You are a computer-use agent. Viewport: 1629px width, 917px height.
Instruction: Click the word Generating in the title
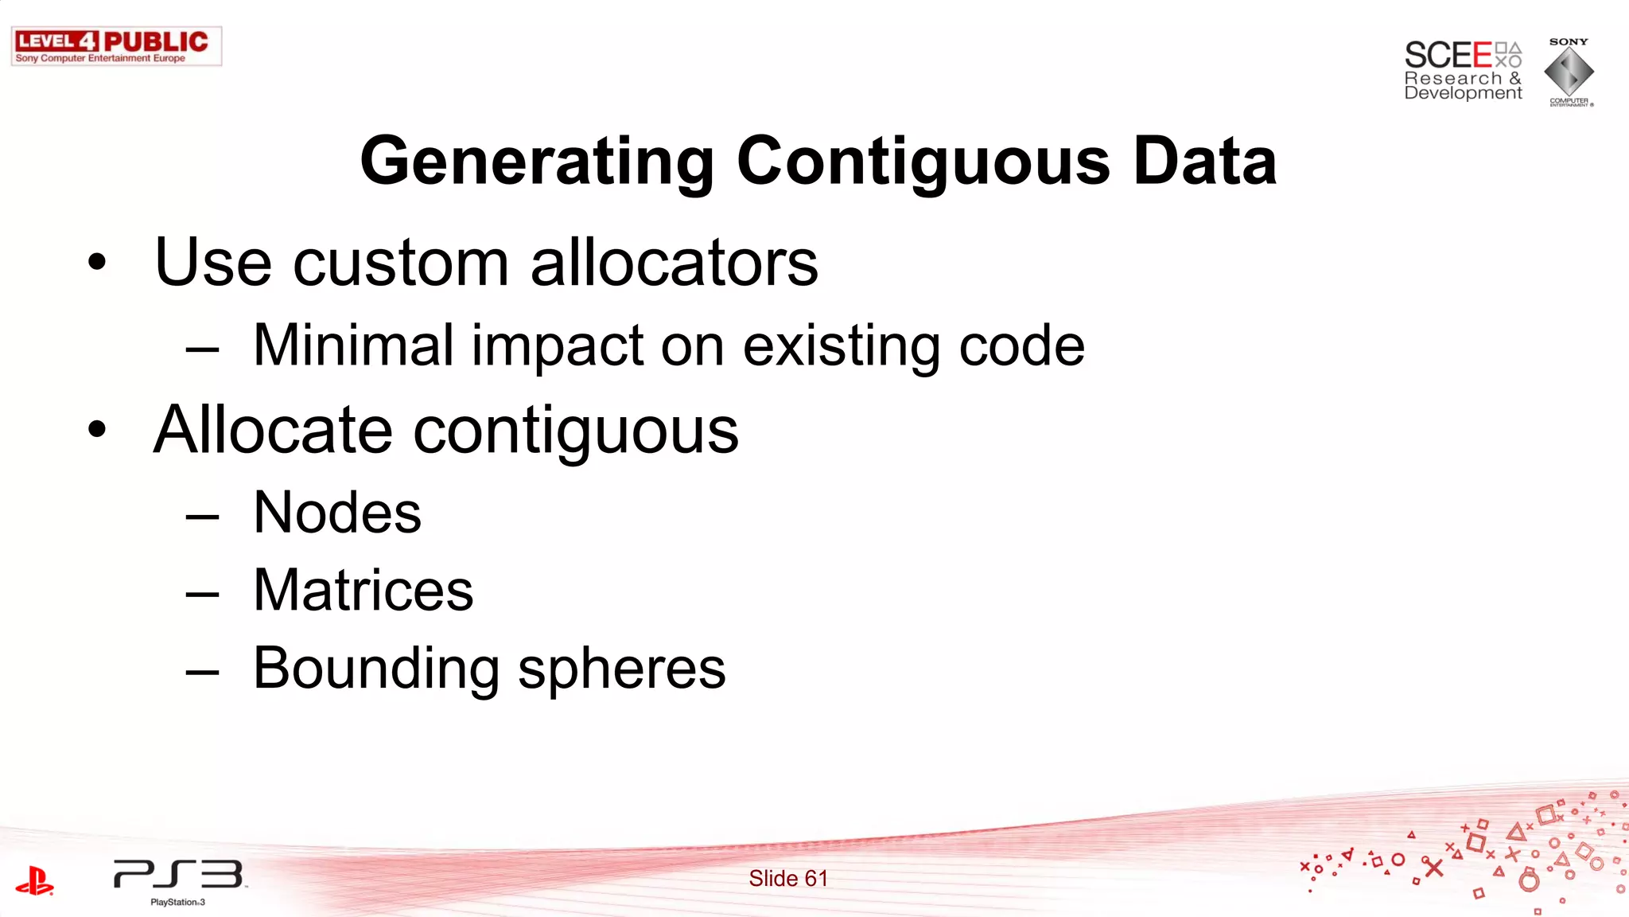coord(537,162)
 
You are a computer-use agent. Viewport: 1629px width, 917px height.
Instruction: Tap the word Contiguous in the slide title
coord(923,162)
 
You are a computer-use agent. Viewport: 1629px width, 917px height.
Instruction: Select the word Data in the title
coord(1204,162)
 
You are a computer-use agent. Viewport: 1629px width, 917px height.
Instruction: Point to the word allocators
coord(674,263)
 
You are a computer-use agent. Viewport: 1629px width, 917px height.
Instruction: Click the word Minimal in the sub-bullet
coord(352,345)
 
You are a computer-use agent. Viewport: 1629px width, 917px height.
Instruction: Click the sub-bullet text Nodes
coord(336,513)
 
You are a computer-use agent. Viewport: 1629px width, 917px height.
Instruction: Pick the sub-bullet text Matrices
coord(363,591)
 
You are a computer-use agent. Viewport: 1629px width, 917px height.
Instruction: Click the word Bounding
coord(375,669)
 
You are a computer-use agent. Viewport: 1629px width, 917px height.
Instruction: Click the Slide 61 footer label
coord(787,879)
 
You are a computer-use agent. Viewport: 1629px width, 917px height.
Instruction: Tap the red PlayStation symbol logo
coord(34,881)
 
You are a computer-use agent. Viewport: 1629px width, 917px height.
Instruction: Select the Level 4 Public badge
coord(116,46)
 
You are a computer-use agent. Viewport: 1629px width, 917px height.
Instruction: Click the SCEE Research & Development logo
coord(1462,71)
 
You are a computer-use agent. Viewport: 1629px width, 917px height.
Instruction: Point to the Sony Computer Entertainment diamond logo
coord(1569,72)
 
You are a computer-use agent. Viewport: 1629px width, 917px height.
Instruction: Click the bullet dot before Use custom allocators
coord(97,263)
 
